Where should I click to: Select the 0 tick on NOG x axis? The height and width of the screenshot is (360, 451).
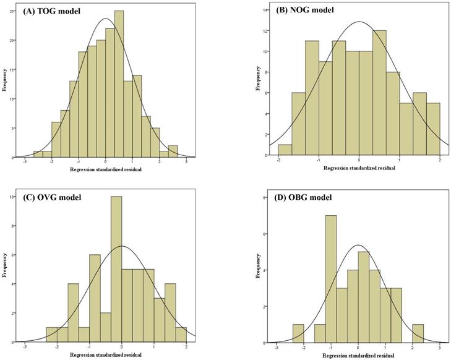(x=359, y=161)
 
